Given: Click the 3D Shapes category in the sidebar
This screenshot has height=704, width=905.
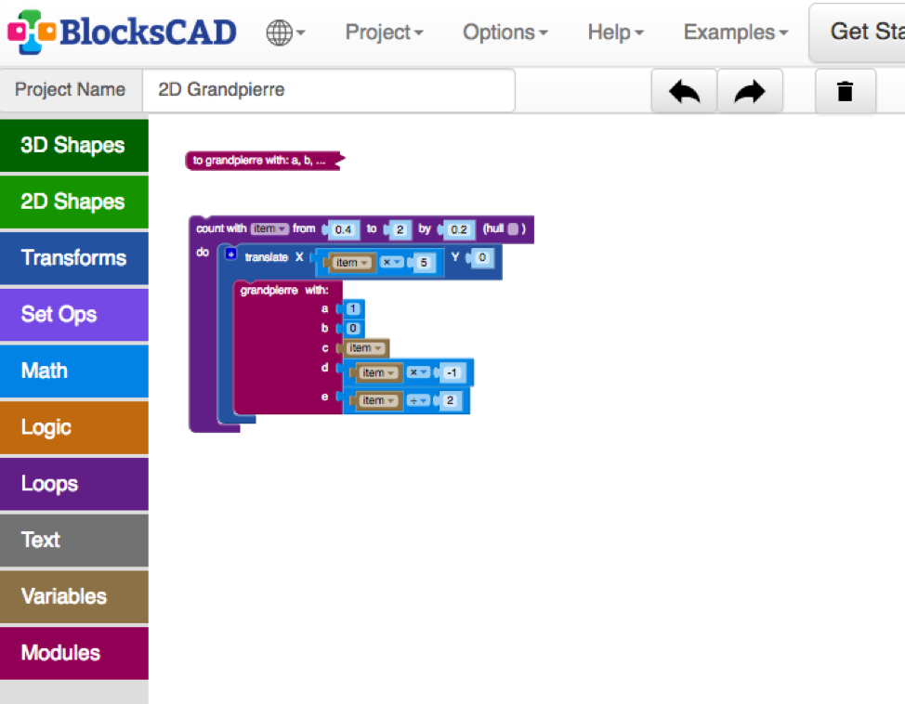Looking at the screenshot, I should coord(73,146).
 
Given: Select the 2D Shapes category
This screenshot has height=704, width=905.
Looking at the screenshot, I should coord(73,202).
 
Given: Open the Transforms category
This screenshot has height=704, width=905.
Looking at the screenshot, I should coord(73,258).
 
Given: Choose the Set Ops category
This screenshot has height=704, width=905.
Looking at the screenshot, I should coord(73,315).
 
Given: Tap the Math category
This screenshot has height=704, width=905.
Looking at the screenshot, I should coord(73,372).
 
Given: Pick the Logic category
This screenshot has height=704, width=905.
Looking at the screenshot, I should coord(73,428).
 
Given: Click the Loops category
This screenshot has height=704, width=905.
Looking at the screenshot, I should coord(73,484).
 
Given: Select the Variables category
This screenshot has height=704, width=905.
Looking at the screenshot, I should coord(73,596).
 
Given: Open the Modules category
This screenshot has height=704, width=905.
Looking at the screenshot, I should coord(73,653).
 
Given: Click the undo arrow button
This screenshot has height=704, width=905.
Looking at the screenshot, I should coord(684,91).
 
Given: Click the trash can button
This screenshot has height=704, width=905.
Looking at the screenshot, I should coord(845,91).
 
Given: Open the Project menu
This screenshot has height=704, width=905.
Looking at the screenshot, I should coord(384,33).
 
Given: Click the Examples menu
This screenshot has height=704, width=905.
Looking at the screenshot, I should coord(735,33).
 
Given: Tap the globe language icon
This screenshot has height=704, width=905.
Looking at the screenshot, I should coord(285,33).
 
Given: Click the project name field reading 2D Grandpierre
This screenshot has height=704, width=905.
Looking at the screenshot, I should coord(327,90).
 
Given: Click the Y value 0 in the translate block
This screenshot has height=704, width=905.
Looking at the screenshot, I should coord(481,257).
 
